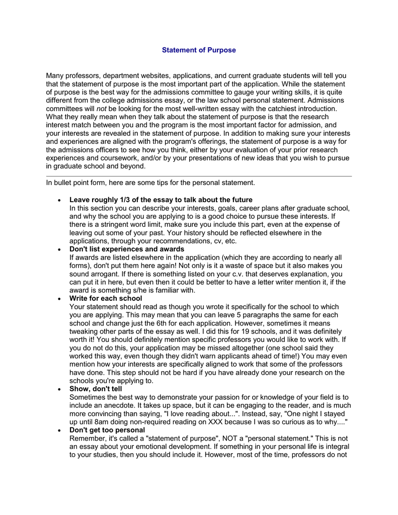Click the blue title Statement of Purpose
(x=199, y=50)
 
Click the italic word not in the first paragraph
(x=102, y=109)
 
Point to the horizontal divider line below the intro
(x=199, y=177)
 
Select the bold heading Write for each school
(x=106, y=298)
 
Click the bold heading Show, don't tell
(x=96, y=389)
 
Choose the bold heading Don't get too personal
(x=107, y=430)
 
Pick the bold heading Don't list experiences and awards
(x=127, y=249)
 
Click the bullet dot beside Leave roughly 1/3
(x=59, y=201)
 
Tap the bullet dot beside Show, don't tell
(x=59, y=390)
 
